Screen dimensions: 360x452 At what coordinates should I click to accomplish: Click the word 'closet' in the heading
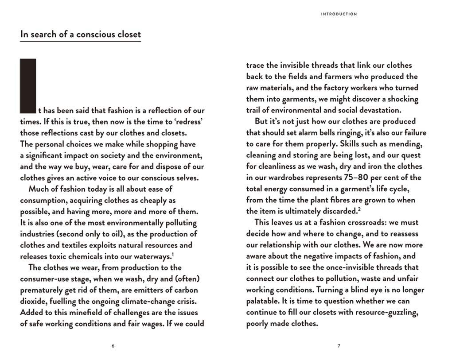[128, 34]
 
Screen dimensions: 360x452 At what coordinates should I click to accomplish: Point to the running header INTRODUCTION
[339, 14]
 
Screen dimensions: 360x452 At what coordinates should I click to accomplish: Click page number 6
[113, 346]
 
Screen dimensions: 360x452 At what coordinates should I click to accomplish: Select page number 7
[339, 346]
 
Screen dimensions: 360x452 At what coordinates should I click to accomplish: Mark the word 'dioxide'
[34, 301]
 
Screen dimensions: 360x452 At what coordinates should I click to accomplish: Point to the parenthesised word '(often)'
[186, 279]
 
